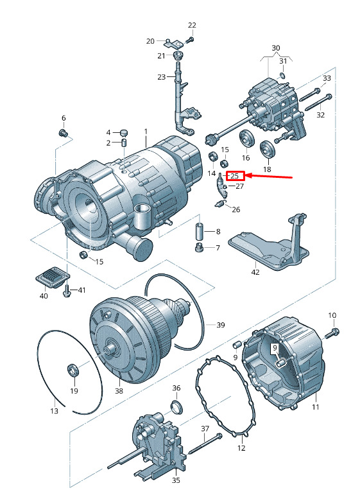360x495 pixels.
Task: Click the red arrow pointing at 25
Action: point(269,177)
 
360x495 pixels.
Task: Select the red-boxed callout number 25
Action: point(234,176)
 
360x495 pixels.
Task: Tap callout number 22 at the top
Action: point(192,25)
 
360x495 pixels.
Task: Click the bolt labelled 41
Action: point(67,290)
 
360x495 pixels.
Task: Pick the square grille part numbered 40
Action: point(52,277)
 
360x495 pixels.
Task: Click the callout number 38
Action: point(119,391)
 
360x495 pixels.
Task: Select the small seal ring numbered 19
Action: point(73,370)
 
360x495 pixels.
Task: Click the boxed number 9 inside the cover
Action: point(275,348)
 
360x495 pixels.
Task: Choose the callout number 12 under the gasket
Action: point(241,447)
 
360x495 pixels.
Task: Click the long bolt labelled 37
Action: point(205,446)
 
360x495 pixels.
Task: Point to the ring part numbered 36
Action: point(176,407)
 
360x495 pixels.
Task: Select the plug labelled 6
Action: point(64,133)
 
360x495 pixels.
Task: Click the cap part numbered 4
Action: point(124,132)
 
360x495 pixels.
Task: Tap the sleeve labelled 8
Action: point(200,231)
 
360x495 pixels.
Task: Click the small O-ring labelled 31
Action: point(283,76)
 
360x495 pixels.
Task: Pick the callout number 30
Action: point(276,48)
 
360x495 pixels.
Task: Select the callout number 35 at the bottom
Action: point(176,480)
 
